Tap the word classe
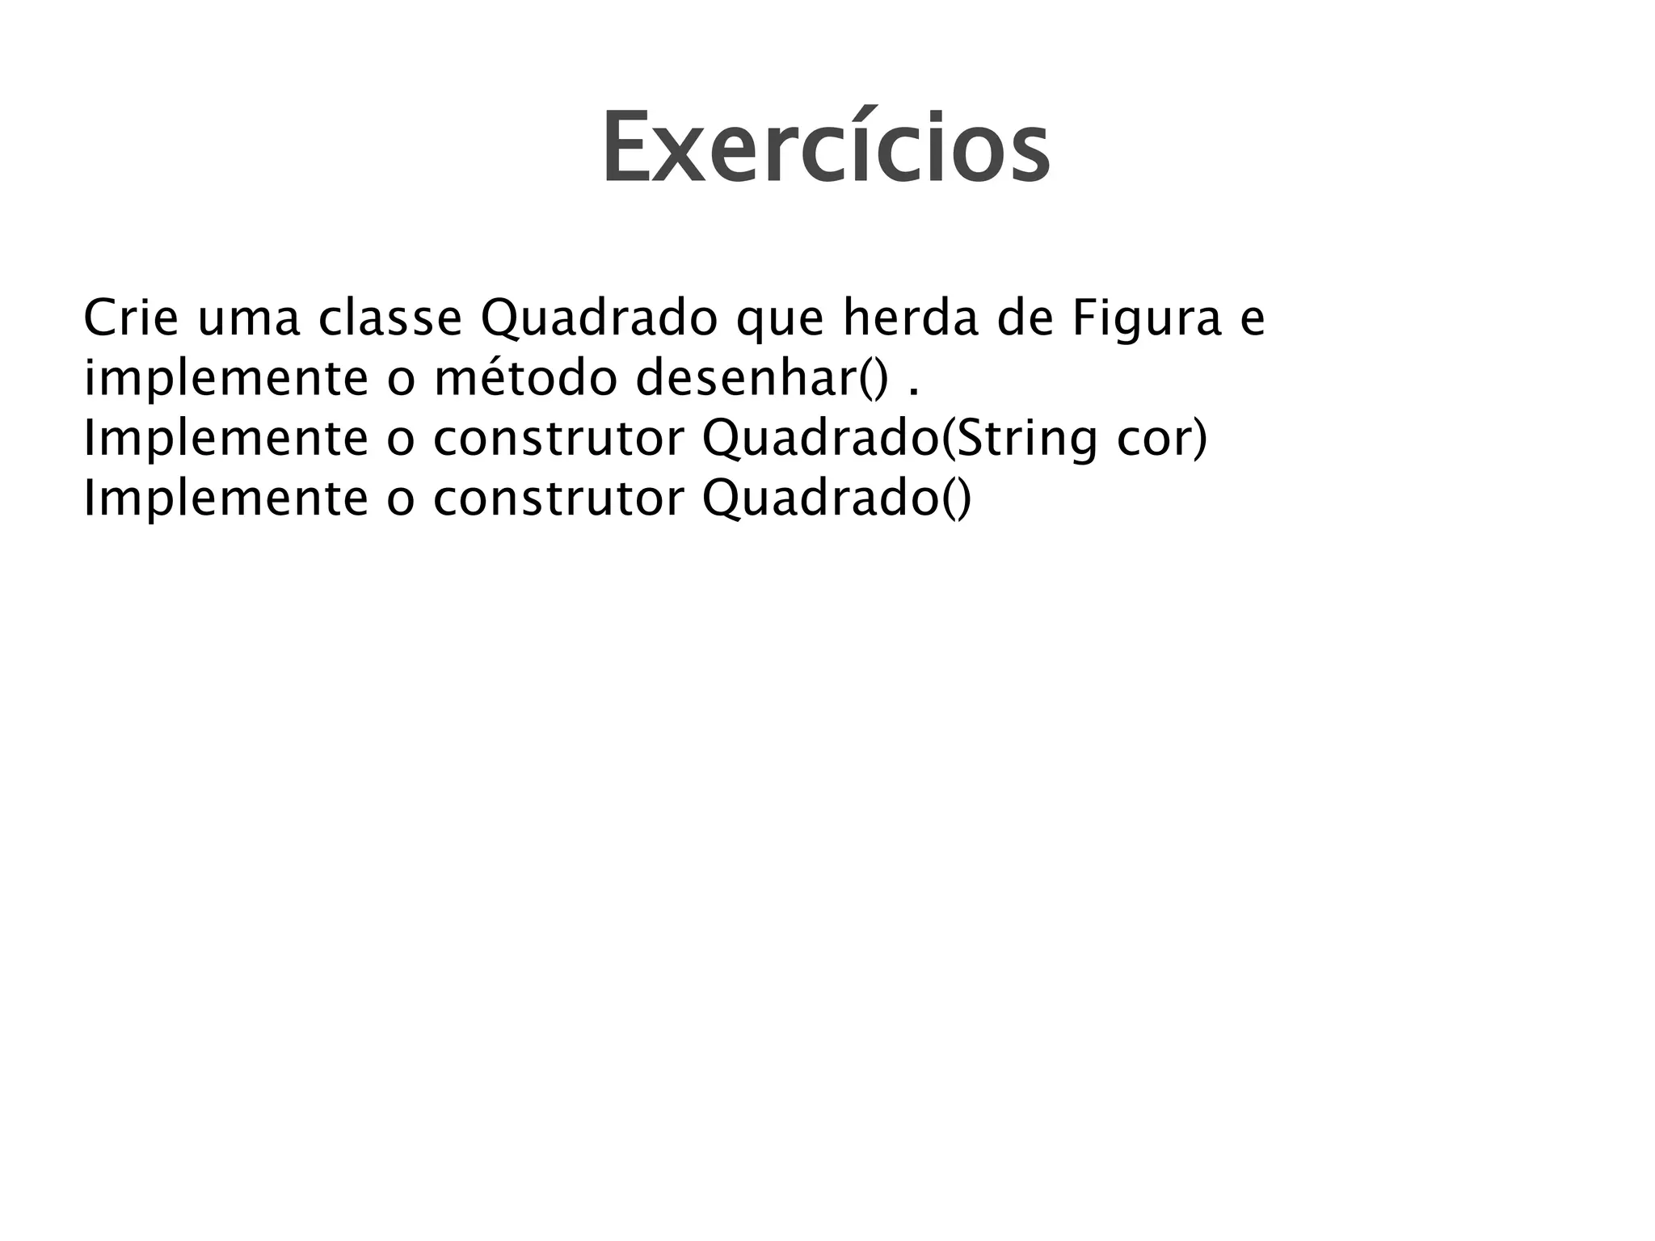tap(390, 318)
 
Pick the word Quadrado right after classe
tap(598, 320)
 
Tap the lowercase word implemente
tap(225, 380)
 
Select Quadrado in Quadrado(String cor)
tap(821, 440)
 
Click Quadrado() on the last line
tap(836, 499)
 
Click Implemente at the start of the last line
tap(225, 499)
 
